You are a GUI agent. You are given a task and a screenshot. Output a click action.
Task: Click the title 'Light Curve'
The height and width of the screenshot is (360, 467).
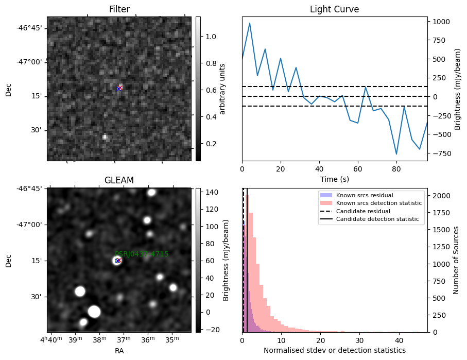pyautogui.click(x=334, y=10)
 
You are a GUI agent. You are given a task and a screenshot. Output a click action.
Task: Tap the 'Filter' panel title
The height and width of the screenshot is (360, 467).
pyautogui.click(x=119, y=10)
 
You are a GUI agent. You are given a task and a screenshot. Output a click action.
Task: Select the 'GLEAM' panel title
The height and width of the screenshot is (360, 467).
pyautogui.click(x=119, y=180)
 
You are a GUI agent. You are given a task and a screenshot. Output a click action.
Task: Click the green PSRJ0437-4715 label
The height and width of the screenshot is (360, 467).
pyautogui.click(x=142, y=254)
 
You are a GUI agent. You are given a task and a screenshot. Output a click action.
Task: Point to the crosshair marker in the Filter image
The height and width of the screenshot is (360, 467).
pyautogui.click(x=119, y=88)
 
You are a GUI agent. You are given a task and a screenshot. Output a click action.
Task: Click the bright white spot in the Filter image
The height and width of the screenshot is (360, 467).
pyautogui.click(x=105, y=137)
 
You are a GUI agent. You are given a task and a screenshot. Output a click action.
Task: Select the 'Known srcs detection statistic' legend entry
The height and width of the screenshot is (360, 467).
pyautogui.click(x=379, y=203)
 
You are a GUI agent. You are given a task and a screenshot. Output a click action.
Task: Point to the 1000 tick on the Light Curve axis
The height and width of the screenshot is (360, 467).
pyautogui.click(x=441, y=22)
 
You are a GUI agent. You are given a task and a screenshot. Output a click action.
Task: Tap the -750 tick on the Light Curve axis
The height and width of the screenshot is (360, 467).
pyautogui.click(x=441, y=153)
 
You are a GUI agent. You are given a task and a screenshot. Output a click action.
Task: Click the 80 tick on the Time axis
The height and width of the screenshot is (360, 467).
pyautogui.click(x=396, y=169)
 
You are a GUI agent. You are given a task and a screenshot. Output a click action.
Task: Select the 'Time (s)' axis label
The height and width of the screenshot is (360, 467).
pyautogui.click(x=334, y=179)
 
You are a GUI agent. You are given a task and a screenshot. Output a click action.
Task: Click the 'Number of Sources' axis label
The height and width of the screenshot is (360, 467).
pyautogui.click(x=456, y=260)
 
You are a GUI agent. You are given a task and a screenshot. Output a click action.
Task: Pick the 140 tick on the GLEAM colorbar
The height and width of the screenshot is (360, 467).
pyautogui.click(x=212, y=193)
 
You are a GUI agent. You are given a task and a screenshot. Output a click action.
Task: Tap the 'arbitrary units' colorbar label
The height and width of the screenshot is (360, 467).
pyautogui.click(x=222, y=89)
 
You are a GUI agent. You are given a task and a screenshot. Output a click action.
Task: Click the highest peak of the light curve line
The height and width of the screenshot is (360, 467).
pyautogui.click(x=250, y=23)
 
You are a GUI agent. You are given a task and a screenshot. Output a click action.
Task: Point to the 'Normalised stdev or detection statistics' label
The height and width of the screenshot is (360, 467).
pyautogui.click(x=334, y=350)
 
